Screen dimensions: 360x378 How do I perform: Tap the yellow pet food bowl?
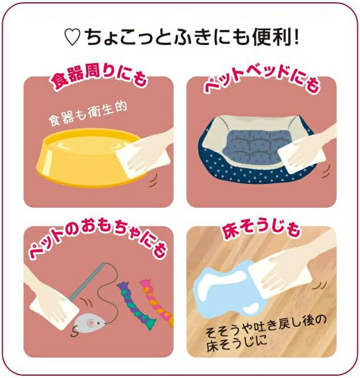(x=89, y=157)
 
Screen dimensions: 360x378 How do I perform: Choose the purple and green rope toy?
(x=136, y=304)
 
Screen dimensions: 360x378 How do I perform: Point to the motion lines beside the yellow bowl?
(x=153, y=180)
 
